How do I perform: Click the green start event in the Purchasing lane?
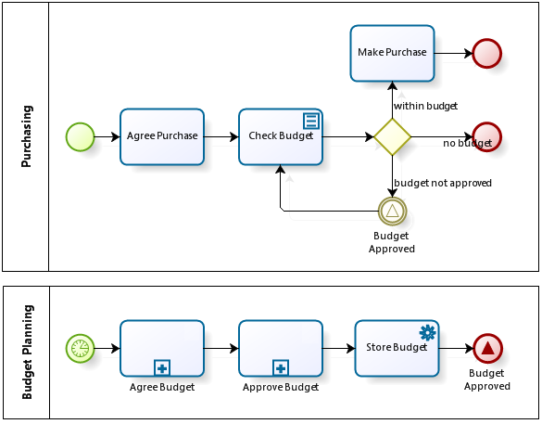click(81, 137)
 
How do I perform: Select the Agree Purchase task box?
click(162, 137)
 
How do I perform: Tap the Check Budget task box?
click(281, 137)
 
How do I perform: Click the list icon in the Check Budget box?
click(311, 121)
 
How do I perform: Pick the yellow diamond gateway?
click(392, 137)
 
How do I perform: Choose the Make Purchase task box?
click(392, 53)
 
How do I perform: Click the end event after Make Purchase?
click(487, 53)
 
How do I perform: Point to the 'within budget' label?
click(425, 106)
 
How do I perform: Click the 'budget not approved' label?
click(443, 183)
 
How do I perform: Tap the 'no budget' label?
click(467, 143)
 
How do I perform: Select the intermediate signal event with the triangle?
click(392, 211)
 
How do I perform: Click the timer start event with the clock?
click(81, 348)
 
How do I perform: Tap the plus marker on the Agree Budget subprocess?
click(162, 368)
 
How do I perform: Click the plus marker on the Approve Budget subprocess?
click(281, 368)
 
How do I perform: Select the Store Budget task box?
click(397, 348)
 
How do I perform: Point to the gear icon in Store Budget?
click(428, 332)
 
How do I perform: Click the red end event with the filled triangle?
click(487, 348)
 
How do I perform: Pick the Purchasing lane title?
click(27, 136)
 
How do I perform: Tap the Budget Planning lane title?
click(27, 352)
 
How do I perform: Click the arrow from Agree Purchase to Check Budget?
click(221, 137)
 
